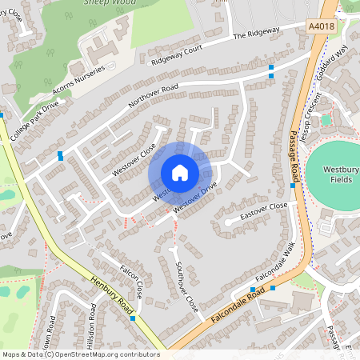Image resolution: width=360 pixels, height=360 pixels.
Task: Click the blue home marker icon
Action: [x=180, y=173]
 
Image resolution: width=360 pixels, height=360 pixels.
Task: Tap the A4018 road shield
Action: [x=321, y=26]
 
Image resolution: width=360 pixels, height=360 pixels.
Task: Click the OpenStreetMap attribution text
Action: [x=81, y=354]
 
